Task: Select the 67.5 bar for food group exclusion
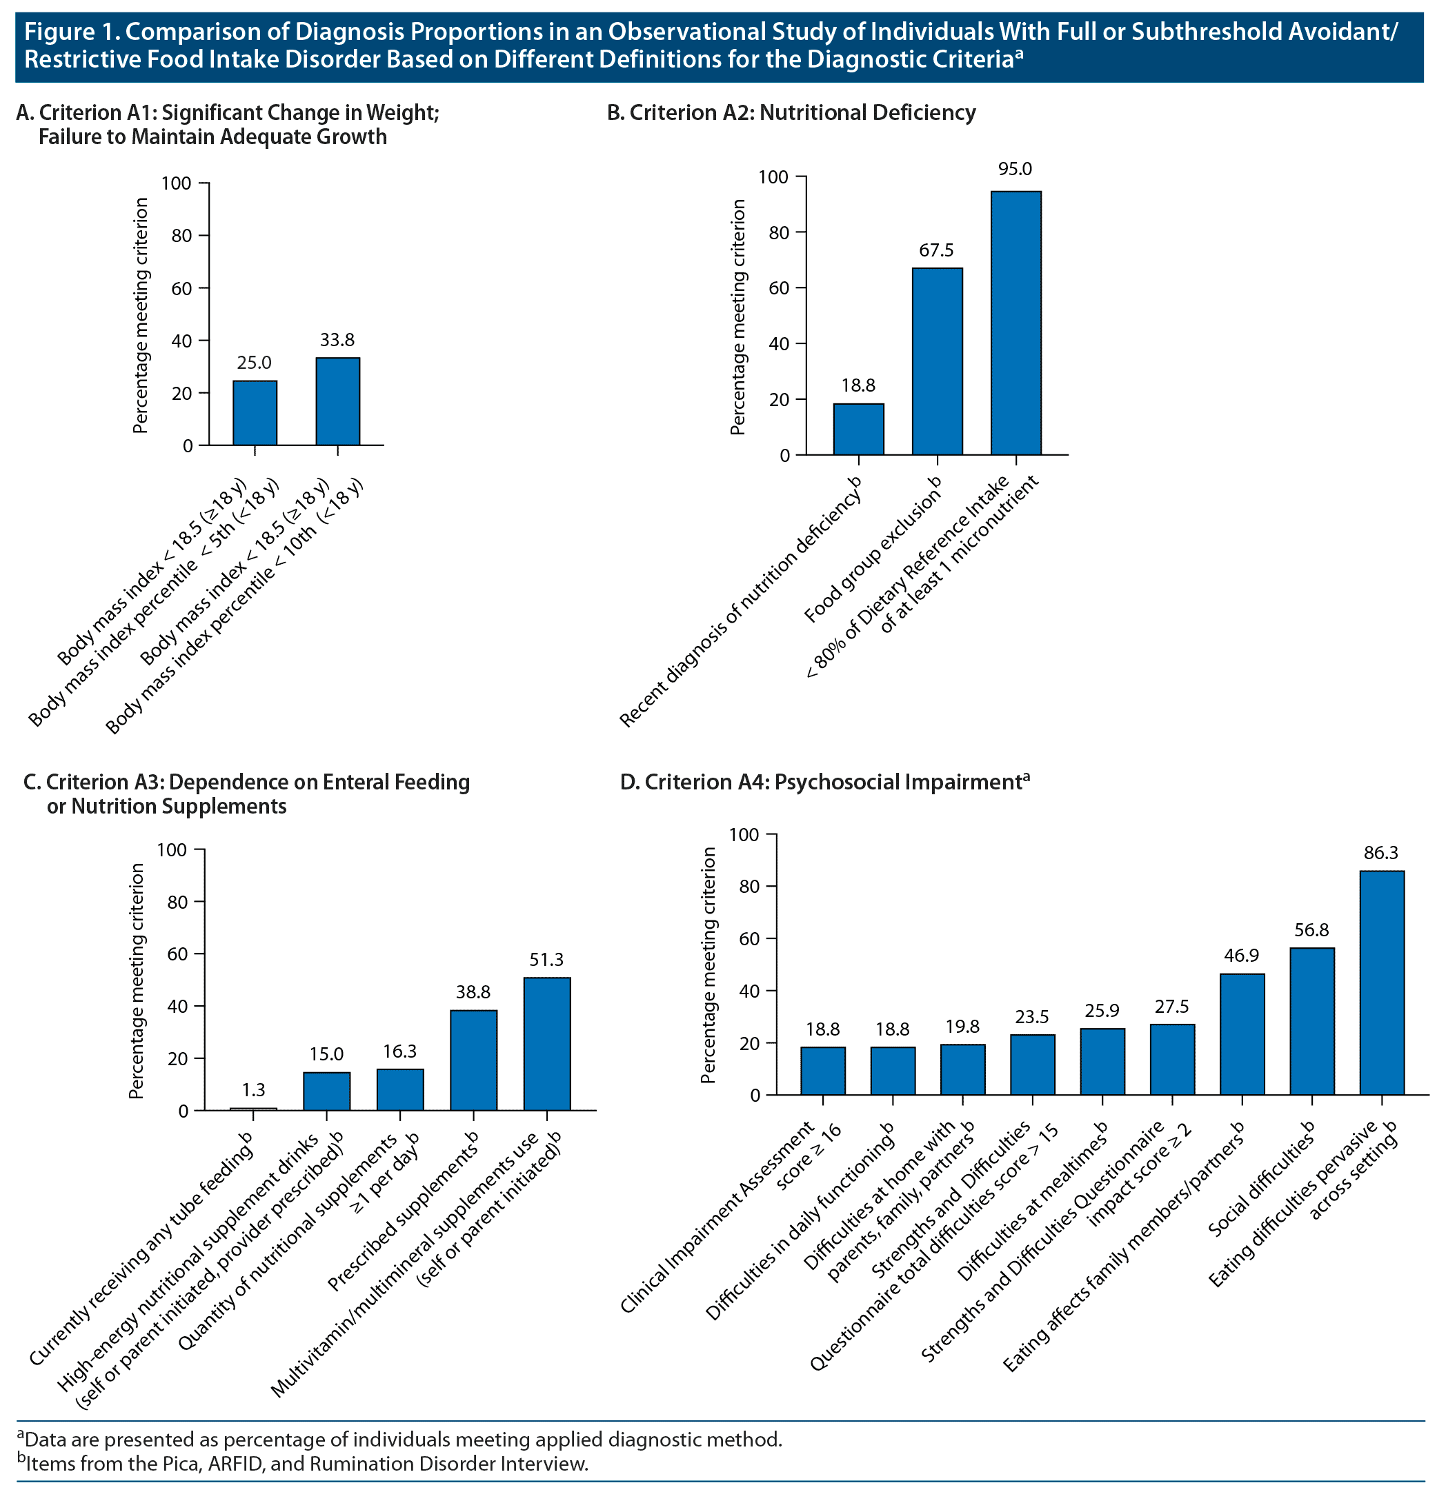[937, 361]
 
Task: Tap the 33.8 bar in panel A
[337, 401]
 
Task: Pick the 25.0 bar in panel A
[255, 412]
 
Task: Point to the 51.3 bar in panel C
[547, 1044]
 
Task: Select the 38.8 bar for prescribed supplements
[473, 1060]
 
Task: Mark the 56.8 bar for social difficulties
[1311, 1021]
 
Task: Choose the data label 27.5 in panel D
[1171, 1007]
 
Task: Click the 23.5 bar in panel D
[1032, 1065]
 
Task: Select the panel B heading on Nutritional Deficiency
[791, 112]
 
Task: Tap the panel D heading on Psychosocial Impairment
[824, 782]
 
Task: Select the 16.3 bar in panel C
[400, 1089]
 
